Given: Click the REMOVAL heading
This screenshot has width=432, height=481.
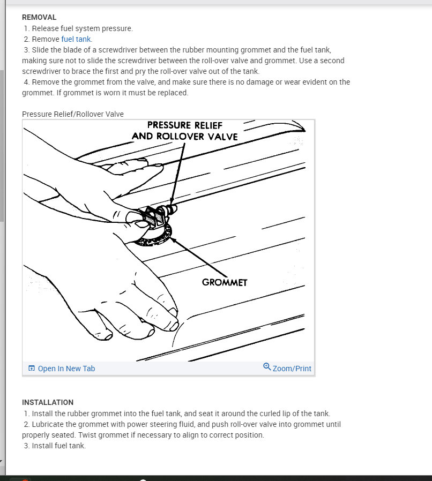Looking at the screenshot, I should [39, 18].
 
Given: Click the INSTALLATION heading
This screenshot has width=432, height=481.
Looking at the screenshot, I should [48, 402].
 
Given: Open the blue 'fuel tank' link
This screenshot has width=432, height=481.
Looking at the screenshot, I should [76, 39].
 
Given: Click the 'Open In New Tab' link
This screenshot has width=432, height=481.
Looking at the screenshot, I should [66, 369].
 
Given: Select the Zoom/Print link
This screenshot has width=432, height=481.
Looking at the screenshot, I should [292, 369].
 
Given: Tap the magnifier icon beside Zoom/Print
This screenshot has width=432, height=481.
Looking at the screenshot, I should [267, 367].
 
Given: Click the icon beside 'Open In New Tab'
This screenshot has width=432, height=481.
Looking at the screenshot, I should [32, 369].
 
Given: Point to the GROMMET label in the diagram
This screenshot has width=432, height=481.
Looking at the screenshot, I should [225, 282].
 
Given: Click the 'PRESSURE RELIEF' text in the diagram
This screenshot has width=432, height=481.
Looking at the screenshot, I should [184, 125].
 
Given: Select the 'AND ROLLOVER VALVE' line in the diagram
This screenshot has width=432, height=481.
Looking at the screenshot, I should [184, 137].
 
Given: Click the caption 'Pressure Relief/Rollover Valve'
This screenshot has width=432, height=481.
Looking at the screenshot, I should [73, 114].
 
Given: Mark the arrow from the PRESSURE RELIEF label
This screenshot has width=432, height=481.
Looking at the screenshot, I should [180, 171].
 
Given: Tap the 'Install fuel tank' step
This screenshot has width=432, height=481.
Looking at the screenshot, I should [58, 446].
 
